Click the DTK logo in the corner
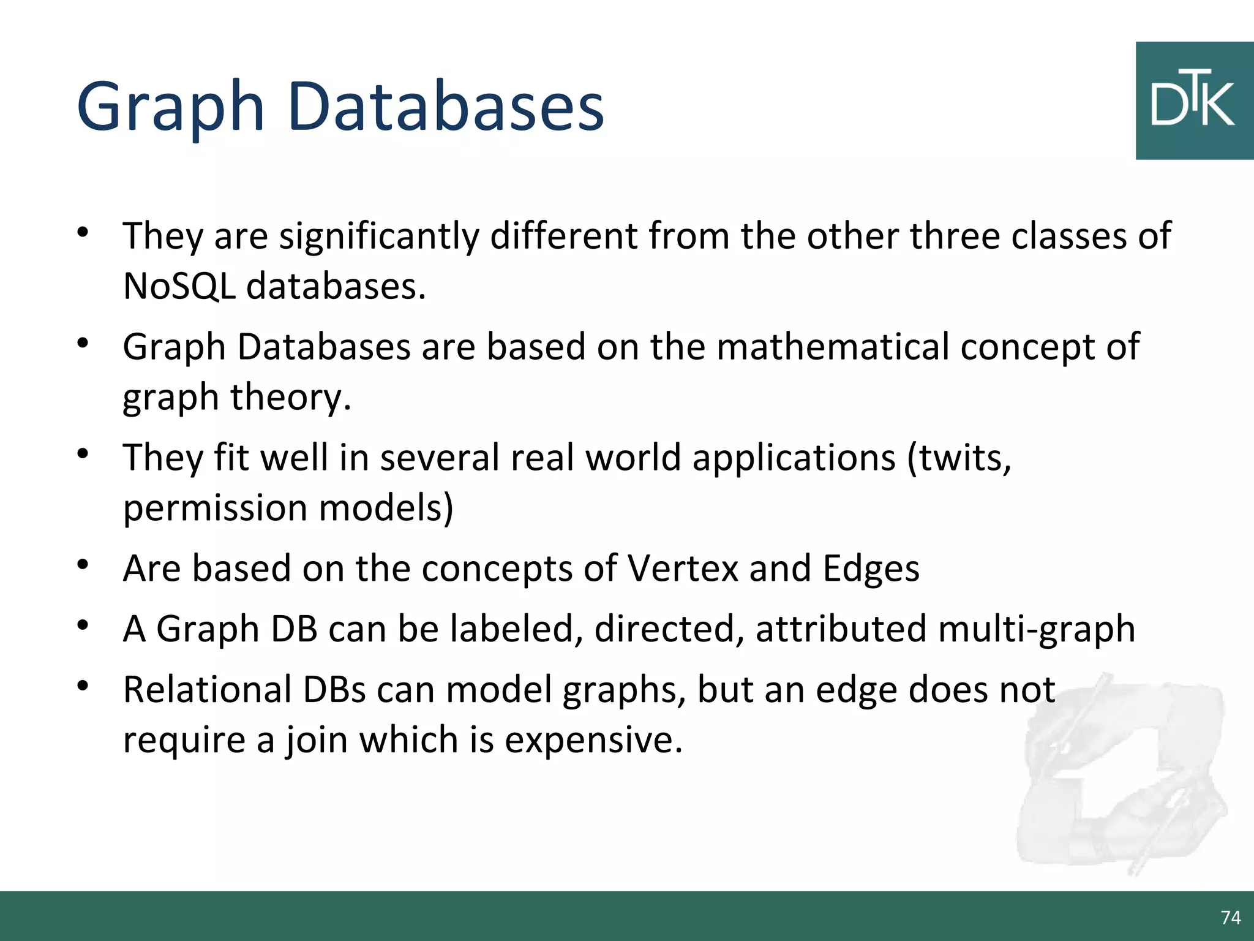[x=1194, y=101]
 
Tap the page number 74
[x=1230, y=917]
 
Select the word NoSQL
[x=179, y=286]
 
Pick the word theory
[x=290, y=397]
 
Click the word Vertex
[x=683, y=569]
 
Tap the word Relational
[x=207, y=690]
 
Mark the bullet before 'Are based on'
[x=83, y=564]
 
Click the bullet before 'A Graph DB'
[x=83, y=625]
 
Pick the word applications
[x=794, y=458]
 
